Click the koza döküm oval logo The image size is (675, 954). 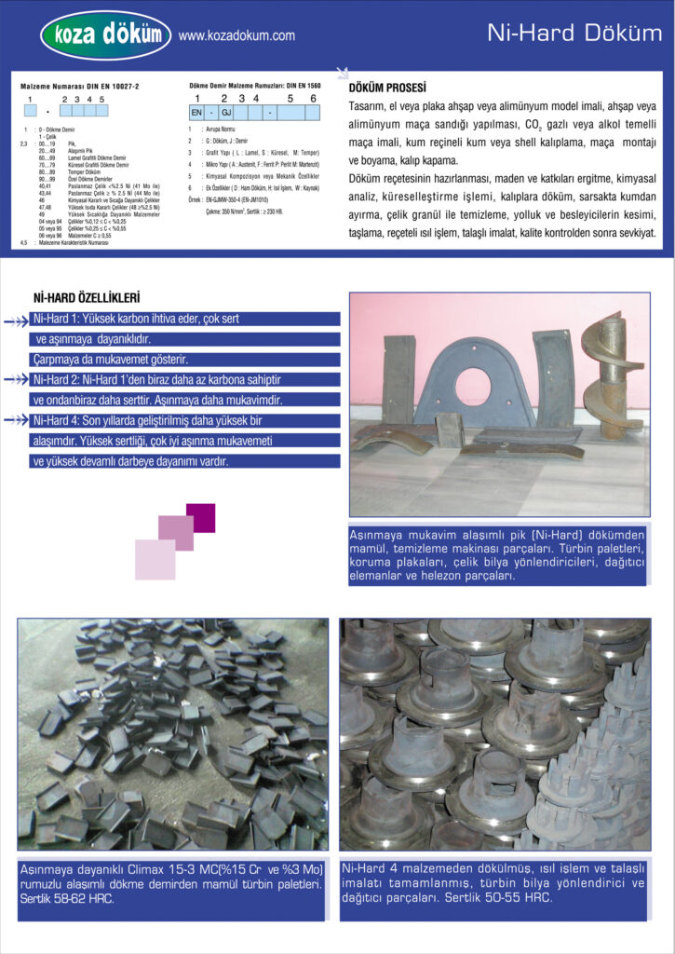(x=105, y=35)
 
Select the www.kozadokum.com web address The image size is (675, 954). (x=236, y=36)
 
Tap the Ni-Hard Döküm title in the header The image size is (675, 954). (x=574, y=34)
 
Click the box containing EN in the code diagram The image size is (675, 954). (x=196, y=112)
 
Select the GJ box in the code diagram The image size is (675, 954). (x=225, y=112)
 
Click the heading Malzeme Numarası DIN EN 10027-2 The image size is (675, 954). (x=79, y=86)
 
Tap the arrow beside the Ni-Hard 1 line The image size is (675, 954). (x=17, y=320)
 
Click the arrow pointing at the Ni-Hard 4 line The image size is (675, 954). (x=17, y=420)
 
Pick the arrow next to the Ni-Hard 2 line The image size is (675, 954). (x=17, y=380)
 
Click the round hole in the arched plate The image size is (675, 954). (x=473, y=387)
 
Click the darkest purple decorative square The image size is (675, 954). (x=200, y=517)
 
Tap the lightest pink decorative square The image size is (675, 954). (x=155, y=559)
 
